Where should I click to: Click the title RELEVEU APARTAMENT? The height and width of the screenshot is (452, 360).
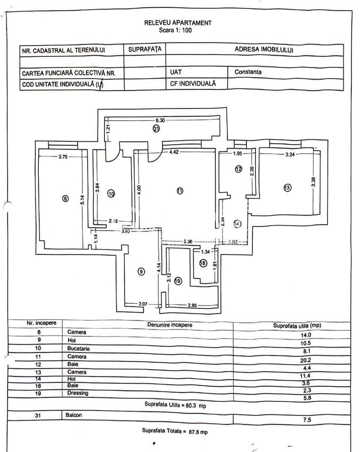pyautogui.click(x=178, y=23)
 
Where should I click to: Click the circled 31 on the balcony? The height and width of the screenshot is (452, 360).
pyautogui.click(x=156, y=129)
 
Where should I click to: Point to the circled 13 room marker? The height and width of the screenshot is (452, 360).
pyautogui.click(x=287, y=188)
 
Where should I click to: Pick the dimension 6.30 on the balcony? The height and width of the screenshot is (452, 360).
pyautogui.click(x=161, y=121)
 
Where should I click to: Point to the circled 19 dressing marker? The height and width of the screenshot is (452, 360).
pyautogui.click(x=177, y=281)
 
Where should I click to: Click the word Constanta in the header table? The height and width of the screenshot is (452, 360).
pyautogui.click(x=248, y=72)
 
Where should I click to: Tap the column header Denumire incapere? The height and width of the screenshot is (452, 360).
pyautogui.click(x=170, y=325)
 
